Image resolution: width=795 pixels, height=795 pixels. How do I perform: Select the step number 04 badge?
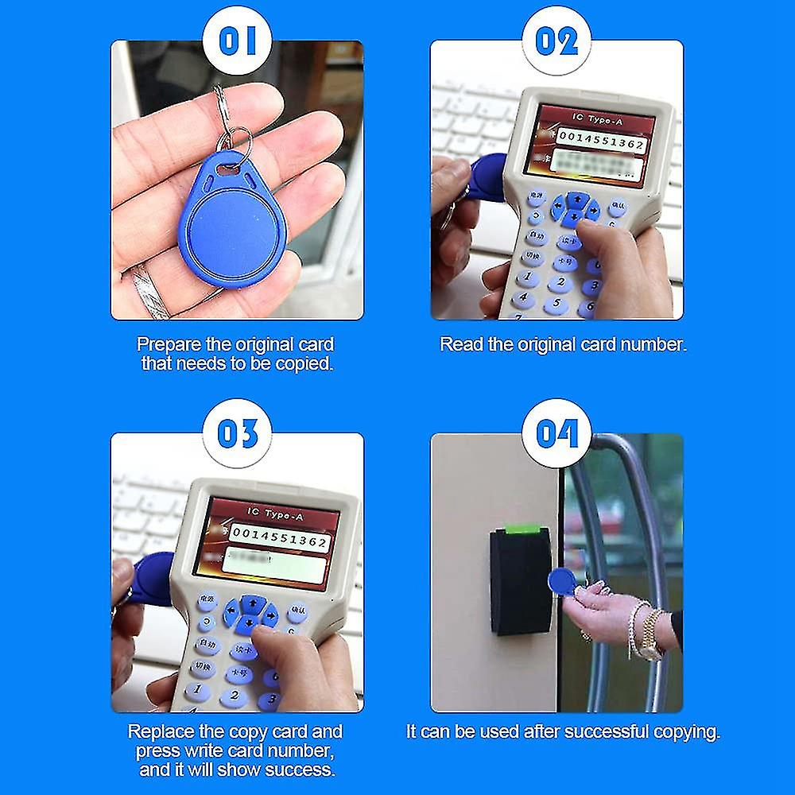(556, 434)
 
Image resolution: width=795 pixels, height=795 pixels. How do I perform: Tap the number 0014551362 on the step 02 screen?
(601, 145)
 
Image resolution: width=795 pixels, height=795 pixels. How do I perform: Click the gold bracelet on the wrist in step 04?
(650, 633)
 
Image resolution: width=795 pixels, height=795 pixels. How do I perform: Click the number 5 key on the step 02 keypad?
(558, 303)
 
